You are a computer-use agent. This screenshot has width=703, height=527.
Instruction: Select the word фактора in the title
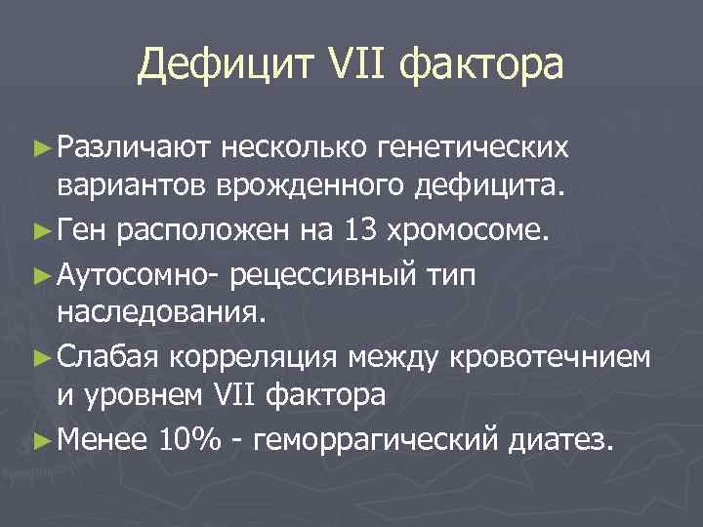(484, 66)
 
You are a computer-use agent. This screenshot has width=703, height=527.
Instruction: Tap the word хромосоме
(473, 232)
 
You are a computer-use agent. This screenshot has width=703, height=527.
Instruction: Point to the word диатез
(560, 442)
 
